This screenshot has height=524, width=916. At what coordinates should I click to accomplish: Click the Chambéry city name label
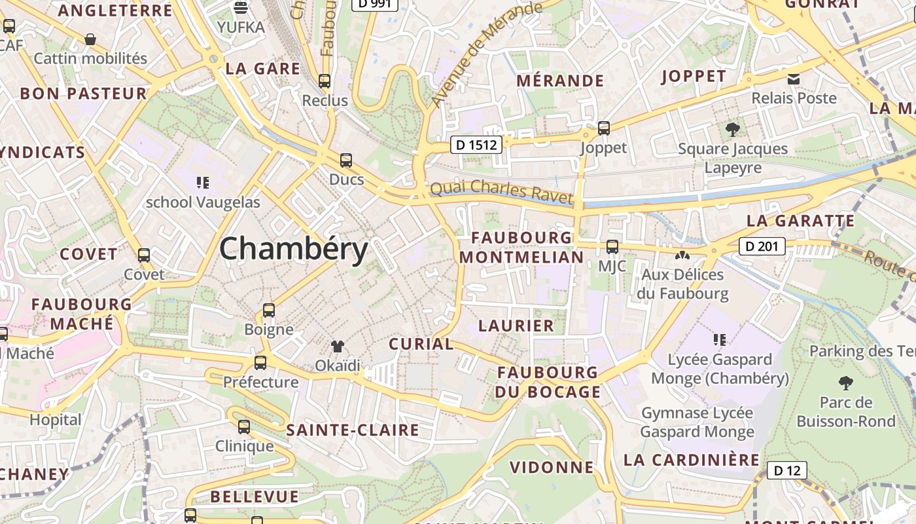[294, 250]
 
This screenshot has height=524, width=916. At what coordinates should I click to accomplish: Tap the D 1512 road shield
[476, 145]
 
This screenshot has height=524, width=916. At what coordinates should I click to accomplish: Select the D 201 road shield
[762, 246]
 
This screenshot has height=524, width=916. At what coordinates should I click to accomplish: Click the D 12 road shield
[786, 470]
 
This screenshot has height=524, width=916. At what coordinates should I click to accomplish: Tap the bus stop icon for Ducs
[345, 160]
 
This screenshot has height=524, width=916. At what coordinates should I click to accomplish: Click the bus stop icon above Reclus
[325, 81]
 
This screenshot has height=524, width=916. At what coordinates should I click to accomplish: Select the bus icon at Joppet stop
[604, 128]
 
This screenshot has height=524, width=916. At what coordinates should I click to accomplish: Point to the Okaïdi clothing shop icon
[338, 346]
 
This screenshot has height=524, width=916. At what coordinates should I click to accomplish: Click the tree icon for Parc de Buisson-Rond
[846, 383]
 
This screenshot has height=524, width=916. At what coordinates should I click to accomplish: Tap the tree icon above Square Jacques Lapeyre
[733, 129]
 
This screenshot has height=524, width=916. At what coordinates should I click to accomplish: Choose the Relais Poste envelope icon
[794, 79]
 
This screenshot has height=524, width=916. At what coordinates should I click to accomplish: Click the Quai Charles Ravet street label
[501, 191]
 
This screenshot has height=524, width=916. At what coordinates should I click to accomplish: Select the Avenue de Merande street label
[487, 54]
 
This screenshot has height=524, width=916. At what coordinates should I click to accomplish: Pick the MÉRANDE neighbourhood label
[560, 81]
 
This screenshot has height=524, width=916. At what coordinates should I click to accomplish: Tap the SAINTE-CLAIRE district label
[353, 430]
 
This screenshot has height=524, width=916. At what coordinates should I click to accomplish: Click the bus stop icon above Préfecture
[260, 362]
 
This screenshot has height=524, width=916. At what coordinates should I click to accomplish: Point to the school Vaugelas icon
[203, 183]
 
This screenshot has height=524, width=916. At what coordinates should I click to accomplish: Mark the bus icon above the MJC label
[612, 247]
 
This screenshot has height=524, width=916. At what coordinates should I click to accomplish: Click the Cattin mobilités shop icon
[90, 40]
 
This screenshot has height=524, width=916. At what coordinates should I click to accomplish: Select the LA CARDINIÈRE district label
[692, 460]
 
